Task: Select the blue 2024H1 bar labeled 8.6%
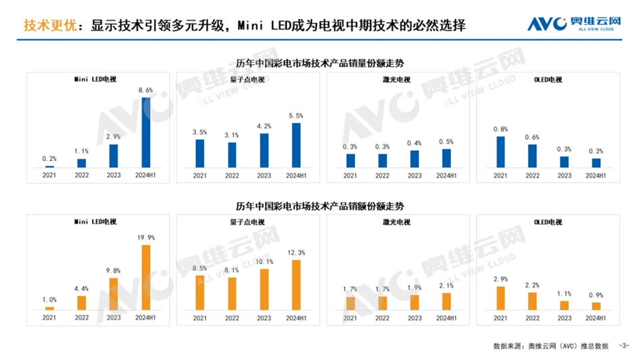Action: point(146,132)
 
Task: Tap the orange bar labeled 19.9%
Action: point(146,277)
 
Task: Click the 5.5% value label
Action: point(296,116)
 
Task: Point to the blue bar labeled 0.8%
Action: point(500,152)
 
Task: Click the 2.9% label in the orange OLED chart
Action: point(500,279)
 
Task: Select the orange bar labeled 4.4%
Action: point(82,302)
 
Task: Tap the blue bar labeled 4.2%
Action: point(264,150)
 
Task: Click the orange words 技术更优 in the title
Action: point(45,26)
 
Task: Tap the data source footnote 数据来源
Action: point(508,346)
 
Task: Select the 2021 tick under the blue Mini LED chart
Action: point(49,176)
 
